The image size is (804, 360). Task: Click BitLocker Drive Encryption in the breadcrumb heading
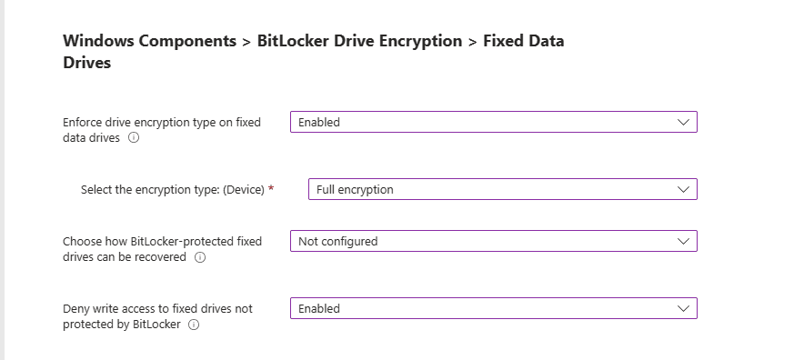tap(359, 42)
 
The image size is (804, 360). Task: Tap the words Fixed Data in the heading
tap(523, 42)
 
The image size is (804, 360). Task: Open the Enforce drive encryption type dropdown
tap(482, 122)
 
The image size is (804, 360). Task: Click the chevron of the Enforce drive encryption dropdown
tap(684, 122)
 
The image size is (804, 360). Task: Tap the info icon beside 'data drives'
tap(134, 138)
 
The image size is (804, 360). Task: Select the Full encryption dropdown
tap(491, 189)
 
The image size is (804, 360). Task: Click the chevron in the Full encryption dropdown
tap(684, 189)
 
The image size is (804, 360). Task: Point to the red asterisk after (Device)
tap(271, 188)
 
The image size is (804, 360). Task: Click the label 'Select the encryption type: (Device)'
tap(172, 190)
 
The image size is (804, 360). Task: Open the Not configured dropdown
tap(482, 241)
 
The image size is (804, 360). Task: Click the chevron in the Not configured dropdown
tap(684, 241)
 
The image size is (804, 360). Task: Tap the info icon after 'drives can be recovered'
tap(200, 257)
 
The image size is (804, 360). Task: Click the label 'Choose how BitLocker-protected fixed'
tap(162, 242)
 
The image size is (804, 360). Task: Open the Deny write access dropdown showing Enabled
tap(482, 308)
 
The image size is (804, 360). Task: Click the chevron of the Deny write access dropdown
tap(684, 308)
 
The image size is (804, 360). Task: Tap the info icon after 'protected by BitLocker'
tap(194, 325)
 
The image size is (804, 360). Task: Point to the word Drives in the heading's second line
tap(86, 64)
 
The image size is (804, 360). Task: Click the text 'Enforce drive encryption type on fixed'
tap(162, 123)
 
